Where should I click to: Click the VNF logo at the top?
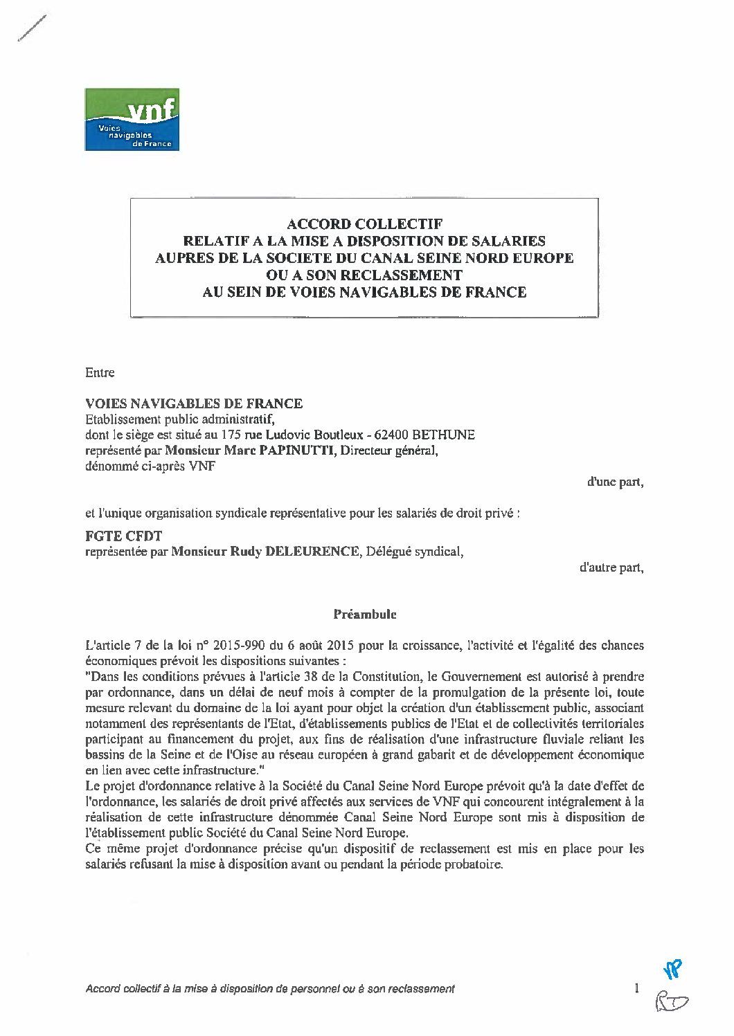[x=132, y=119]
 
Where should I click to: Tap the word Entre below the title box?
[x=99, y=372]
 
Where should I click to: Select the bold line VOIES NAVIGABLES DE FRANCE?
[x=193, y=403]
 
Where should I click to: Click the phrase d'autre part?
[x=611, y=568]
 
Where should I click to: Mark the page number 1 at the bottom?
[x=636, y=988]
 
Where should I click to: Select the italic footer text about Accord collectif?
[x=270, y=989]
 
